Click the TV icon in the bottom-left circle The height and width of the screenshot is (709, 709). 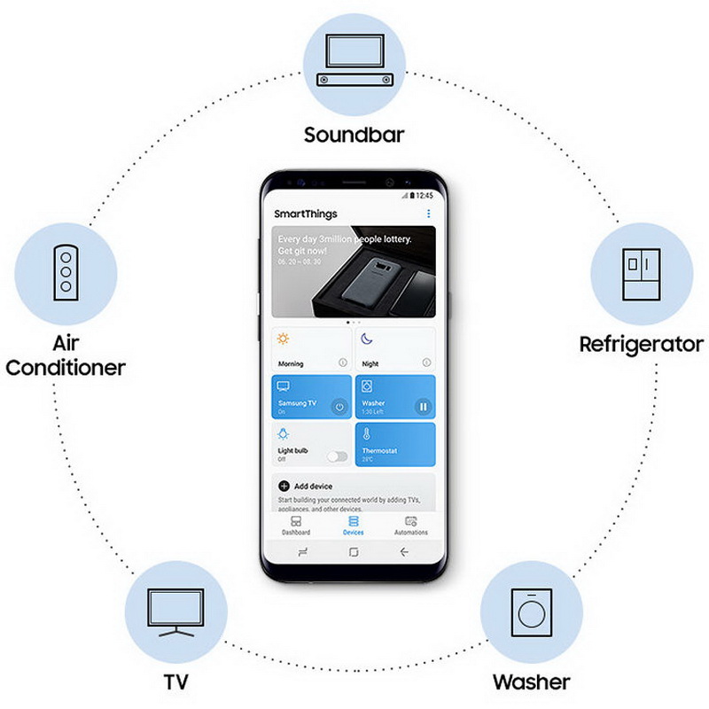click(x=175, y=612)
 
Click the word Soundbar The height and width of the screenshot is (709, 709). click(x=354, y=136)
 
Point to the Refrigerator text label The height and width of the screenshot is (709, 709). click(x=641, y=344)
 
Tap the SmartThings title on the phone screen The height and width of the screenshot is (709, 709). click(x=306, y=214)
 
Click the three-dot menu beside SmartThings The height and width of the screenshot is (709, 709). click(x=428, y=214)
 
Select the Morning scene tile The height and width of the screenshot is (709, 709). click(x=311, y=348)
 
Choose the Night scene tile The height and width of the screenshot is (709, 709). click(x=395, y=348)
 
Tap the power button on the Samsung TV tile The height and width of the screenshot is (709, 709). click(x=338, y=407)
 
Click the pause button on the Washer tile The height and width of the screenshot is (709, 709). click(x=423, y=407)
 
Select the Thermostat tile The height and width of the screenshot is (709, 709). click(x=395, y=444)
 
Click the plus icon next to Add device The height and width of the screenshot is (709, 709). click(x=284, y=486)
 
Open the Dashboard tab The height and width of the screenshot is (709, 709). click(x=296, y=526)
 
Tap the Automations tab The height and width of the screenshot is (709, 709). click(x=410, y=526)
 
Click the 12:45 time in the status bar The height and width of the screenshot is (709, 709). click(x=425, y=195)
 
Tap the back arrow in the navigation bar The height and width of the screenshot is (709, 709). click(x=404, y=551)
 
